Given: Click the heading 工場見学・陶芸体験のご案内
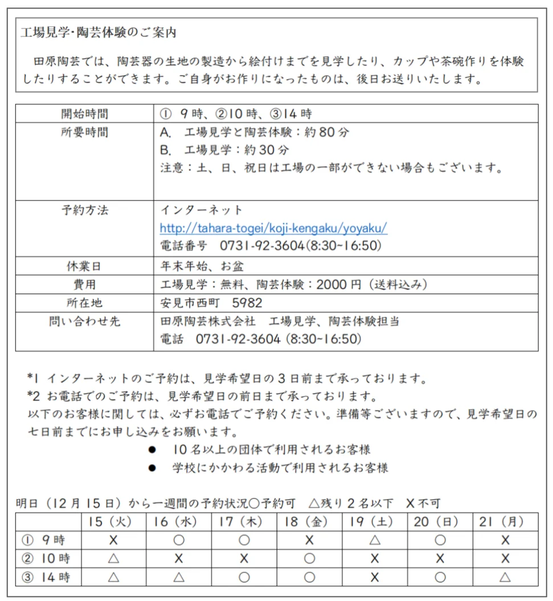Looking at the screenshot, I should click(98, 33).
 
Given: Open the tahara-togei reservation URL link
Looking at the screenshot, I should click(273, 228).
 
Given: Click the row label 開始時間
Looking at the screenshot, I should click(84, 113).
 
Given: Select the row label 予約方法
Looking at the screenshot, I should click(84, 210).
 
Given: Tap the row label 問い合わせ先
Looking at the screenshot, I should click(84, 322).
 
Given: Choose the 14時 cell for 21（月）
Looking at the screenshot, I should click(505, 577).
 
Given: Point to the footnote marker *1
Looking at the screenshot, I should click(34, 378).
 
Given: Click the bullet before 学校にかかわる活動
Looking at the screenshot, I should click(152, 468).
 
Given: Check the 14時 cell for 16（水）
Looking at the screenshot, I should click(179, 577).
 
